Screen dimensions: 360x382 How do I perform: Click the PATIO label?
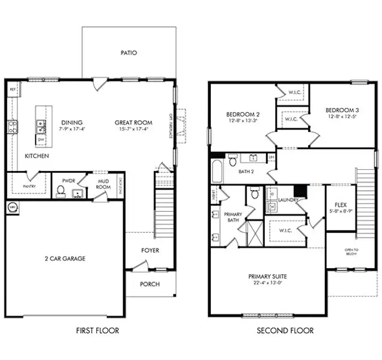[x=129, y=53]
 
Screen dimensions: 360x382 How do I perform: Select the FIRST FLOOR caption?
[x=97, y=330]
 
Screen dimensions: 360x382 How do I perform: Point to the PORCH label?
[x=150, y=283]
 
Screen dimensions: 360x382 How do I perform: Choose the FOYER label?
[x=150, y=250]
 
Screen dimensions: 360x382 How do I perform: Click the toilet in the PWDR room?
[x=60, y=190]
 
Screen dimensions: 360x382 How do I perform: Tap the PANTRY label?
[x=29, y=186]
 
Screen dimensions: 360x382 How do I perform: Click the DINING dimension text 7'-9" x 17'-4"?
[x=72, y=129]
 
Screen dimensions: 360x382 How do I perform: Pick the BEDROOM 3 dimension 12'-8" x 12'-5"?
[x=341, y=117]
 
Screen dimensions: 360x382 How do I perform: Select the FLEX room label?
[x=341, y=205]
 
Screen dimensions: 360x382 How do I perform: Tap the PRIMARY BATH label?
[x=232, y=217]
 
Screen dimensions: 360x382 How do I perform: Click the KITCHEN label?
[x=37, y=156]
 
